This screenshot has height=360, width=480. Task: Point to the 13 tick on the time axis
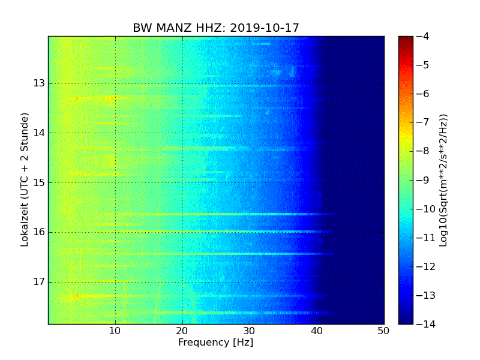tap(39, 83)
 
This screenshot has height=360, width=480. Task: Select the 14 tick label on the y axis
tap(39, 133)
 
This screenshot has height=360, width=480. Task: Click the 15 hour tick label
tap(39, 182)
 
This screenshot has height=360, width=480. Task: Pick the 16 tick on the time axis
tap(39, 232)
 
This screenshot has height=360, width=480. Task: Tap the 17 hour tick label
tap(39, 281)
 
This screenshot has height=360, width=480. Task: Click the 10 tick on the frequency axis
tap(115, 331)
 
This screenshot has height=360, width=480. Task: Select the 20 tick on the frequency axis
tap(182, 331)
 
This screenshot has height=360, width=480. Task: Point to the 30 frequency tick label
tap(250, 331)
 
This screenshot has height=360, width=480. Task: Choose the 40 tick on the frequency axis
tap(317, 331)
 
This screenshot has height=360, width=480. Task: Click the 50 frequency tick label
tap(383, 331)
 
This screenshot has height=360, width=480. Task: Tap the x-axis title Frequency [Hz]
tap(215, 343)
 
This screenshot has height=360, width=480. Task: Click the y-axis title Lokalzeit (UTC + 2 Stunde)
tap(25, 180)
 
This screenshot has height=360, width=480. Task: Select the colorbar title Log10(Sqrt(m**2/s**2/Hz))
tap(443, 180)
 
